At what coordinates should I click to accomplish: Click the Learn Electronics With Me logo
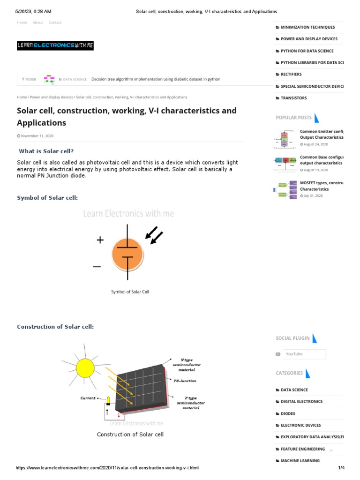[x=55, y=45]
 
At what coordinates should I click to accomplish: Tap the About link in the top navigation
[x=37, y=22]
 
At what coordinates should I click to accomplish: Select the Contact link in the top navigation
[x=55, y=22]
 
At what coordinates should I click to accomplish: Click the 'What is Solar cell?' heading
[x=46, y=151]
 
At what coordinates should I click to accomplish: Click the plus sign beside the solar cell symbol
[x=100, y=240]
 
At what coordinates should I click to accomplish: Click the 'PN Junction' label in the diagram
[x=185, y=381]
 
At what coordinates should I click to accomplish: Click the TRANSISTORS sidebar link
[x=293, y=98]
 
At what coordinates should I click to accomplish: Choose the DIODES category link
[x=288, y=413]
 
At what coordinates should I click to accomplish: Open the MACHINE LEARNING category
[x=300, y=460]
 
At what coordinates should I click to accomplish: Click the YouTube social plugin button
[x=300, y=354]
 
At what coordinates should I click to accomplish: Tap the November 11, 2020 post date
[x=37, y=136]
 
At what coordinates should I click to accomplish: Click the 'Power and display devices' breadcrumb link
[x=51, y=97]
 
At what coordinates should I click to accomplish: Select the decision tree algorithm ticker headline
[x=156, y=79]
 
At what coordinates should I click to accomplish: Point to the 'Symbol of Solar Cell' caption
[x=130, y=292]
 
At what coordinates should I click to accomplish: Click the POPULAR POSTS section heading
[x=293, y=118]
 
